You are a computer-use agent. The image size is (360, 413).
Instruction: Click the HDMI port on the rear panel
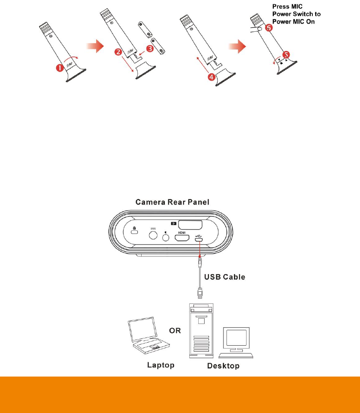(x=181, y=237)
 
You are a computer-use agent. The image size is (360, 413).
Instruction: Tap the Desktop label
(x=223, y=366)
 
